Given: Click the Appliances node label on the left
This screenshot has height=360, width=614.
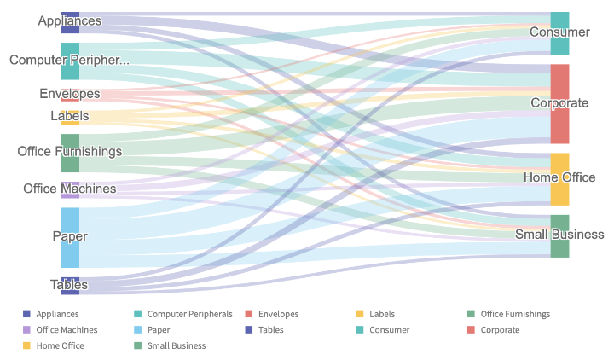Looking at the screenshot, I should [70, 20].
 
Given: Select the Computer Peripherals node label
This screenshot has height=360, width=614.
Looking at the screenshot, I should [70, 60].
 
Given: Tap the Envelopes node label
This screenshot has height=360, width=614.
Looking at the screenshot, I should [70, 94].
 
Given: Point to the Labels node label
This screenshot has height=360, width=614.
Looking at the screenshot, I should [70, 116].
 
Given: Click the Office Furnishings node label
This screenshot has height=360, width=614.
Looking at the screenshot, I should [70, 151].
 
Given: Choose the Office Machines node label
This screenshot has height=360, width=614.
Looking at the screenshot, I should [70, 189].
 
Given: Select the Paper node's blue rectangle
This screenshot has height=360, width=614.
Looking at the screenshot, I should [70, 247].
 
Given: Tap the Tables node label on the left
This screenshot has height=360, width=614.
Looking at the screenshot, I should [69, 285].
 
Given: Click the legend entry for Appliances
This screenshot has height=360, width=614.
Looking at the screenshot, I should [57, 314].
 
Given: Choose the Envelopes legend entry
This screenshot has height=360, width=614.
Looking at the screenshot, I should [278, 314].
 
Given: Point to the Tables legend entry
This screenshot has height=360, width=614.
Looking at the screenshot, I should [270, 329].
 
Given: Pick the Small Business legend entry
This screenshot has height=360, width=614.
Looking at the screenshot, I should [176, 345].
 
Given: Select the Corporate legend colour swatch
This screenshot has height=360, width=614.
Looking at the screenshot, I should [471, 329].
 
